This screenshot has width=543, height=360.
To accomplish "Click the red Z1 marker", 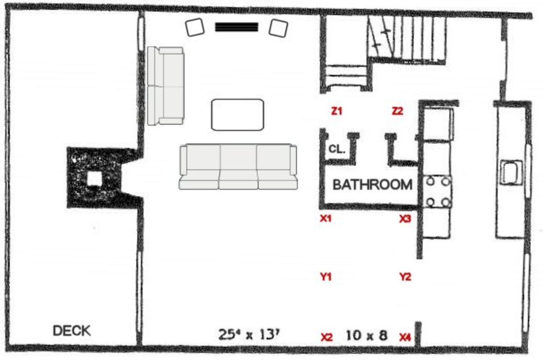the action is (x=337, y=111).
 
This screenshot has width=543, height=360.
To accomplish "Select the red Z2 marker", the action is (x=398, y=111).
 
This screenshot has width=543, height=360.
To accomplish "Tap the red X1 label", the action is (x=325, y=218).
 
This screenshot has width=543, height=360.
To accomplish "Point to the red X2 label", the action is (x=327, y=337).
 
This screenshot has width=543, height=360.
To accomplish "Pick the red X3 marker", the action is (x=405, y=219).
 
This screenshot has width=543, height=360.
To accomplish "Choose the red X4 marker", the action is (x=405, y=337).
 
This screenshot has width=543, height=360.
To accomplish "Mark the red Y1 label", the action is (x=326, y=277).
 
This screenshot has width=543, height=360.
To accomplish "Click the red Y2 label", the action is (x=405, y=277).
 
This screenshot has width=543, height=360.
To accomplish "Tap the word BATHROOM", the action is (x=372, y=185).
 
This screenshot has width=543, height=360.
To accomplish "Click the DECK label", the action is (x=72, y=331).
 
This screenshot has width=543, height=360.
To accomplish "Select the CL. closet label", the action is (x=337, y=149).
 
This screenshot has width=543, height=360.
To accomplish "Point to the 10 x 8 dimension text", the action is (x=367, y=336).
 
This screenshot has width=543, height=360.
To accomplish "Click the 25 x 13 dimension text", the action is (x=249, y=335).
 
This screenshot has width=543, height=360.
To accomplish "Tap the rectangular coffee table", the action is (x=238, y=114).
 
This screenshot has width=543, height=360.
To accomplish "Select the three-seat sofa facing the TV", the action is (x=238, y=166).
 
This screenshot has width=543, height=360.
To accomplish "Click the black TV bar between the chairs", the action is (x=237, y=27).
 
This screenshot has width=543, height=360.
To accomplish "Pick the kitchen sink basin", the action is (x=511, y=172).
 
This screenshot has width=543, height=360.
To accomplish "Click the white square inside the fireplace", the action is (x=94, y=179).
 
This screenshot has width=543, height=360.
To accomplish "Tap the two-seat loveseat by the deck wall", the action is (x=166, y=86).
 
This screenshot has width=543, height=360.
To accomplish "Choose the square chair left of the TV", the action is (x=195, y=27).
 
